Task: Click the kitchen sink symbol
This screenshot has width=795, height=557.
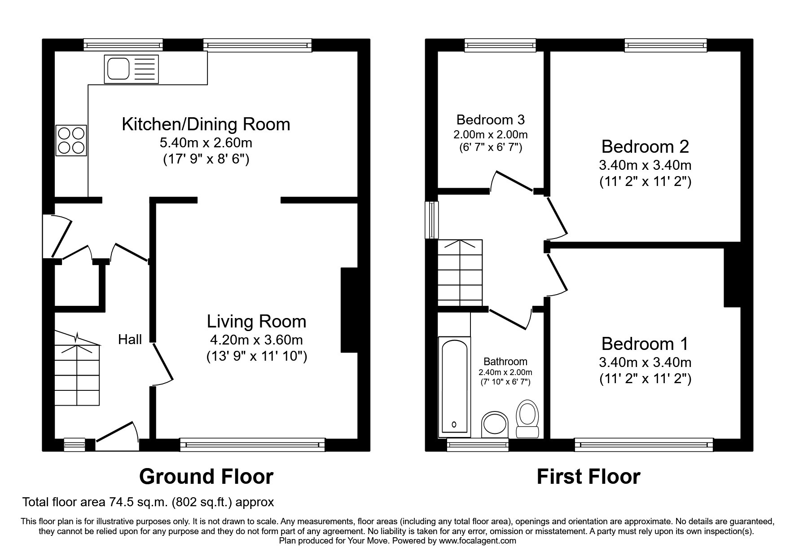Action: coord(132,69)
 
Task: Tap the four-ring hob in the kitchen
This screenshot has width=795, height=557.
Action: coord(71,140)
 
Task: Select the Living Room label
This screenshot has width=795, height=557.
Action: coord(256,322)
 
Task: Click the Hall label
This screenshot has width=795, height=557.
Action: coord(130,340)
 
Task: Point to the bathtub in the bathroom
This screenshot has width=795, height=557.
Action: coord(455,386)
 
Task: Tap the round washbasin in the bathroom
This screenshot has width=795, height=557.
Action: coord(495,424)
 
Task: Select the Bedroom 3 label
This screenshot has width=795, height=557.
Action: coord(490,120)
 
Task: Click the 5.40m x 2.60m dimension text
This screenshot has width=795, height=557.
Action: coord(206,143)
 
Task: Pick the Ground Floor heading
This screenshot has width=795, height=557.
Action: coord(206,477)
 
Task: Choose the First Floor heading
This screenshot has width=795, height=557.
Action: coord(588,477)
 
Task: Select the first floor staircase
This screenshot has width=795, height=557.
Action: coord(460,272)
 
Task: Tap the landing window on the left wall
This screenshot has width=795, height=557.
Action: coord(432,220)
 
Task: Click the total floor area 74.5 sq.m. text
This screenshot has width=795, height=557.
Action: coord(148,502)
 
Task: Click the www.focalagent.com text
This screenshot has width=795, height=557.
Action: coord(477,541)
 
